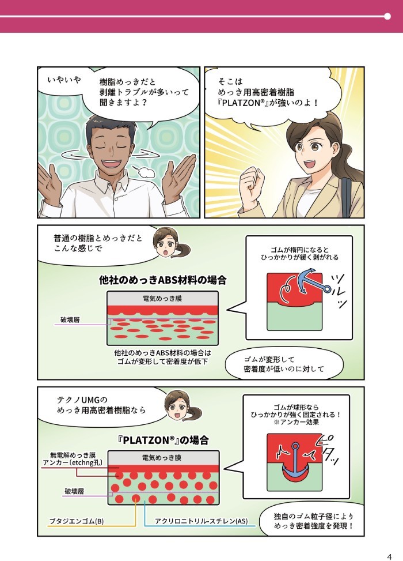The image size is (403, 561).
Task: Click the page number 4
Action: coord(389,556)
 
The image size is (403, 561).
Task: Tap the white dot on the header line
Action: coord(387,16)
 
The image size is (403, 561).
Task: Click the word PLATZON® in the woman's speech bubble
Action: coord(243,103)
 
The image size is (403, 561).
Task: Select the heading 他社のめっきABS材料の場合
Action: coord(162,280)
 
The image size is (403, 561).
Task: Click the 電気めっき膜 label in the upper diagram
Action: coord(162,299)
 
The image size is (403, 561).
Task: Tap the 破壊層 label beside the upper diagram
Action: coord(70,320)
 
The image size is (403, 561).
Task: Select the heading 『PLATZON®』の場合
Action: coord(164,440)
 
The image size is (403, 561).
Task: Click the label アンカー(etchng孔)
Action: coord(73,462)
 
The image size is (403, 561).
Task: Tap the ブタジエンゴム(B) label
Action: coord(77,521)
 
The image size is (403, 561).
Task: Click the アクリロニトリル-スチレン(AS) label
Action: coord(201,521)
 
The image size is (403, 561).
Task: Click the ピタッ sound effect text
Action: coord(328,450)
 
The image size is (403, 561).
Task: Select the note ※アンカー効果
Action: coord(296,422)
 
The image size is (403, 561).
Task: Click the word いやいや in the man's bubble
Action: coord(64,80)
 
